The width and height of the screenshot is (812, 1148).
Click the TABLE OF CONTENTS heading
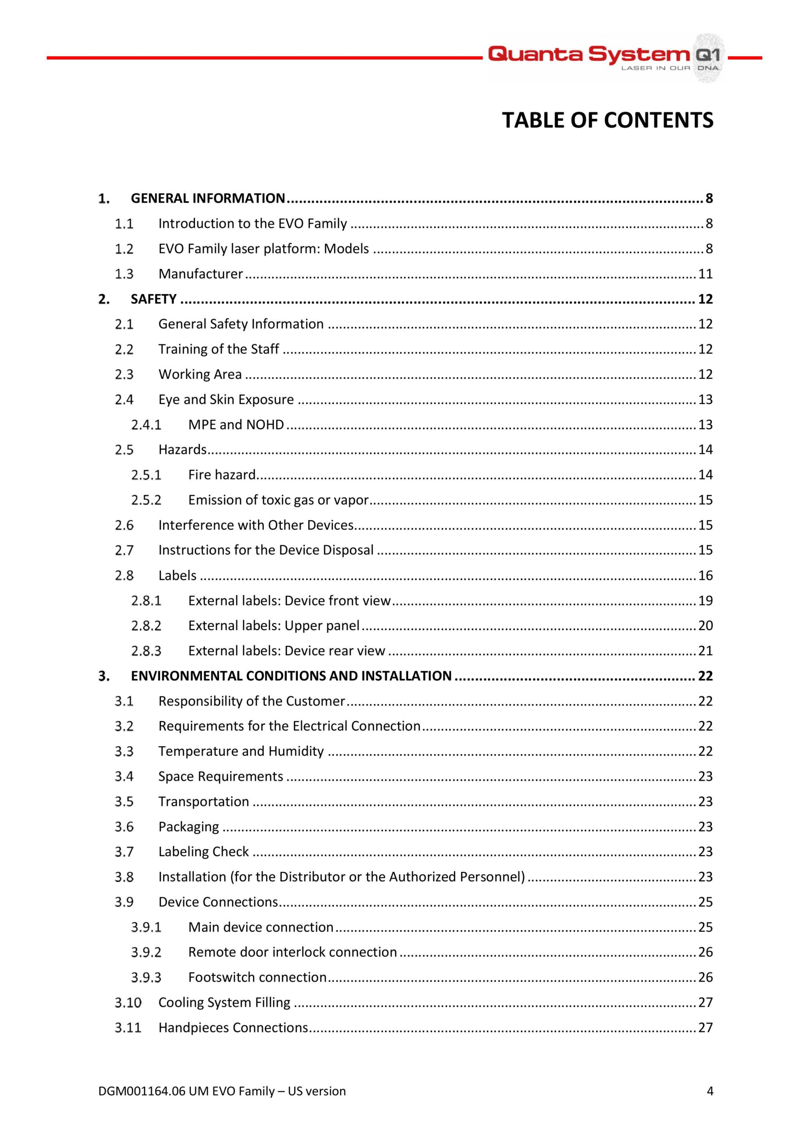607,121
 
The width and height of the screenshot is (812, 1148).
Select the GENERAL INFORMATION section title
208,199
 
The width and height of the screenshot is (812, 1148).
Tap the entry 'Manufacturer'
200,274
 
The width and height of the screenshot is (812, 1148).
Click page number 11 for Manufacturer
705,274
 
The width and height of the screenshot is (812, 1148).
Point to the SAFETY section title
153,299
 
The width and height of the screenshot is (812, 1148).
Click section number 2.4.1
146,425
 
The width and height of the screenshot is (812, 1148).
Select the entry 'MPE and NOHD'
236,425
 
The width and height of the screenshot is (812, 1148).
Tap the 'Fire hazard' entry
222,475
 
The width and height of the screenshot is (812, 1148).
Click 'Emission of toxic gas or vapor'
278,500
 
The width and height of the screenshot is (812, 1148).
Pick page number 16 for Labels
705,575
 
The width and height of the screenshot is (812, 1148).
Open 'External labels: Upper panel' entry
274,626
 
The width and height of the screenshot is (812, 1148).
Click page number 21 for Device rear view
705,651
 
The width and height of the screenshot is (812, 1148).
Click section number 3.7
124,852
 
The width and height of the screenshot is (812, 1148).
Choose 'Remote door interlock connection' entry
292,952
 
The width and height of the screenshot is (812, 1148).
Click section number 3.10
127,1003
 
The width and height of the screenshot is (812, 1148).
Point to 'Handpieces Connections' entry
233,1027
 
